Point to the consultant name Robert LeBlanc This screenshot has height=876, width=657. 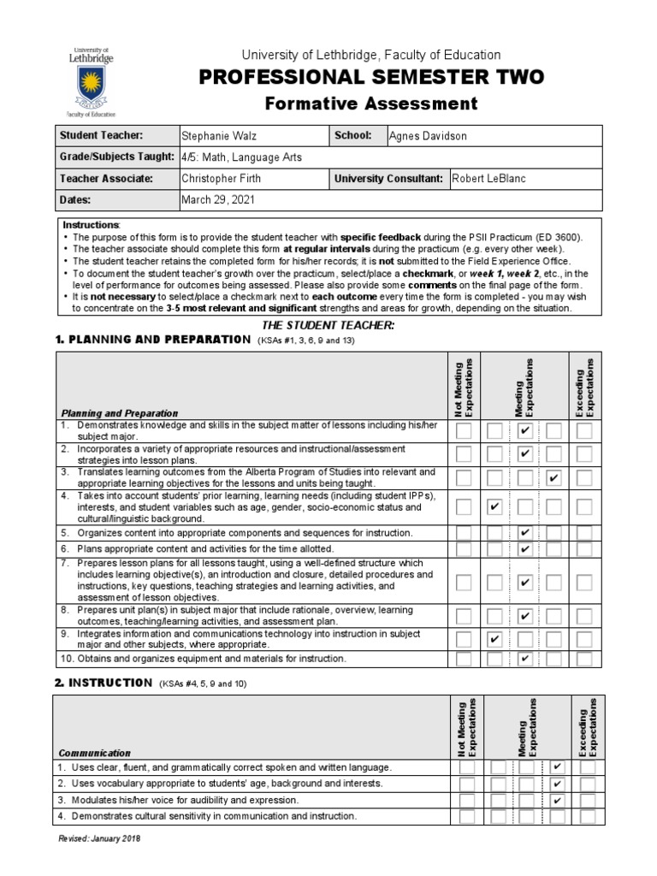tap(488, 179)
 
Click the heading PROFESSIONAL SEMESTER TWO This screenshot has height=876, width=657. tap(370, 78)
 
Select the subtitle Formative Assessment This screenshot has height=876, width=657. tap(370, 104)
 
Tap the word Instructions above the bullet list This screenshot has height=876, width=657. tap(97, 224)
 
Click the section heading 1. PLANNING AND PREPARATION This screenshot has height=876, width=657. tap(153, 340)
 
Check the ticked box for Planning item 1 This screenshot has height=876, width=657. tap(525, 430)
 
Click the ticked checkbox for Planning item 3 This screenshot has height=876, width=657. tap(554, 477)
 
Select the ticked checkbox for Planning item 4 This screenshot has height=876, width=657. tap(494, 507)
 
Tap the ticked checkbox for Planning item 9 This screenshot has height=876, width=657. tap(494, 639)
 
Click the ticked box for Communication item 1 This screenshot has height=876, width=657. tap(557, 767)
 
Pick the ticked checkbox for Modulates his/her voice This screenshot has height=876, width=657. tap(557, 800)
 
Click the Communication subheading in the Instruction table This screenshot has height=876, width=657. tap(94, 753)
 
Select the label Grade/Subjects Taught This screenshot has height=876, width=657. tap(110, 157)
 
